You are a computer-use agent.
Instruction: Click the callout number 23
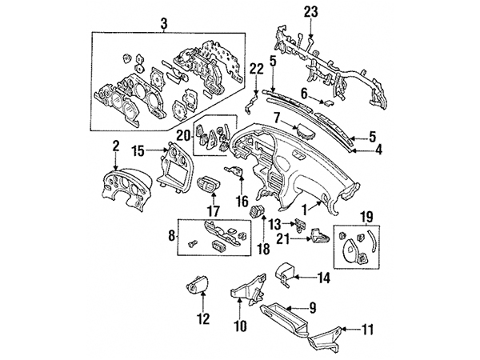click(x=310, y=11)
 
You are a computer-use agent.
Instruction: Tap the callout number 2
click(x=115, y=146)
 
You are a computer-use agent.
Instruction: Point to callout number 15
click(x=138, y=150)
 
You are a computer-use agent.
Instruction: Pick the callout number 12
click(x=202, y=318)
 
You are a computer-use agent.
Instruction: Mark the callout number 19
click(x=367, y=216)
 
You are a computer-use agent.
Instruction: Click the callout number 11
click(x=368, y=328)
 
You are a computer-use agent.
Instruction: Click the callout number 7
click(x=276, y=119)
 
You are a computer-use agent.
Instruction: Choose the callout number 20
click(x=182, y=135)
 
